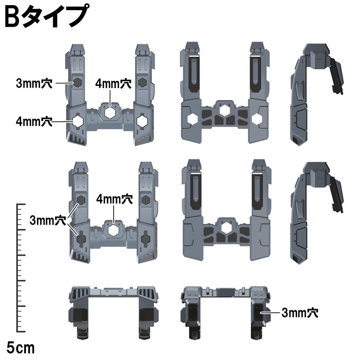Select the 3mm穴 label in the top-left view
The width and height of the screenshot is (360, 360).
(x=34, y=83)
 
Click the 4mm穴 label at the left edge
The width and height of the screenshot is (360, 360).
(x=34, y=121)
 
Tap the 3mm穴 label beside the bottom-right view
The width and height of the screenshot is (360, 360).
(x=300, y=313)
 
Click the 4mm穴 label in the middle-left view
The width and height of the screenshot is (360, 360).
(x=114, y=199)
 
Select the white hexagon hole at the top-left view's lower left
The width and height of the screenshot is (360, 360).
(x=77, y=121)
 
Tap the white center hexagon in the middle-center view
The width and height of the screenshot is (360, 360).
(x=223, y=229)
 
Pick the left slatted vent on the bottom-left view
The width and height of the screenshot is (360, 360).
(x=80, y=293)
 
